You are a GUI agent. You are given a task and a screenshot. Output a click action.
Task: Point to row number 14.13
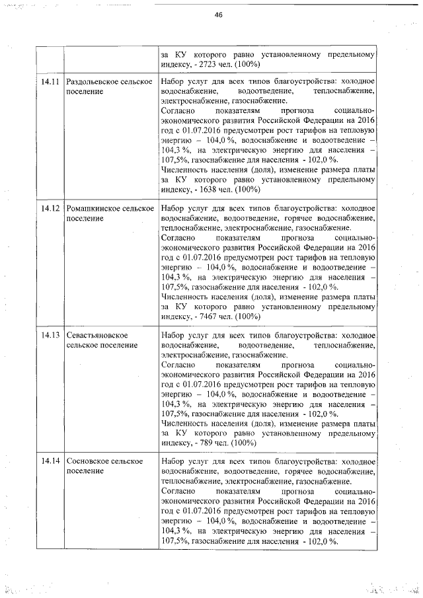[50, 336]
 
